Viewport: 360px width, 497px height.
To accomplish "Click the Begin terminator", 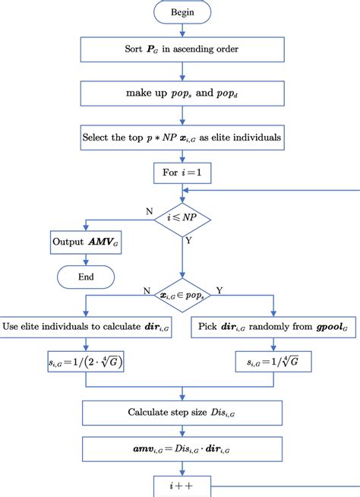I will (x=182, y=12).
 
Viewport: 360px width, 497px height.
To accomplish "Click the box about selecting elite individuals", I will (x=182, y=138).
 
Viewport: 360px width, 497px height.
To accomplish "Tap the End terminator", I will (x=86, y=277).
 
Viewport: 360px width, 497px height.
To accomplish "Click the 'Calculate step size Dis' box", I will (x=182, y=413).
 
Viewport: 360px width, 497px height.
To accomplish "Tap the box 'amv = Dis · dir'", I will (x=182, y=450).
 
